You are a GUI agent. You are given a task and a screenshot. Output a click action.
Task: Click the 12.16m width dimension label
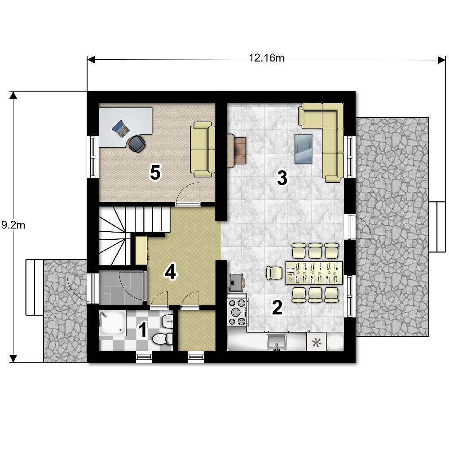tap(266, 58)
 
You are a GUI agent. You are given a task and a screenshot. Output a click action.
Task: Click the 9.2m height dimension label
tap(13, 225)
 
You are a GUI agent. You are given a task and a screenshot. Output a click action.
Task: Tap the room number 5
tap(155, 173)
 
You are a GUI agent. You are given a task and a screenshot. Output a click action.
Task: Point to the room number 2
tap(277, 307)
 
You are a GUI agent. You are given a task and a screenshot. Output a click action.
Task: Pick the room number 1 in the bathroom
tap(143, 330)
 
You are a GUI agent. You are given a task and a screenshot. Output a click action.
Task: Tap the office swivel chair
tap(136, 144)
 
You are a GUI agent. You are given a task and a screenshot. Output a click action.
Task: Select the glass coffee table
tap(304, 149)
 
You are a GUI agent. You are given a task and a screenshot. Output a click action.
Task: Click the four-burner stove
tap(237, 312)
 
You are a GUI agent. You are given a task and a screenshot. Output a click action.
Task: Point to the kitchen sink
tap(276, 342)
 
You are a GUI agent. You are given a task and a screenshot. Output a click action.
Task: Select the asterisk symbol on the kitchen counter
tap(317, 342)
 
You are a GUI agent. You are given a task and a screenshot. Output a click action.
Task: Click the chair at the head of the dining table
tap(275, 273)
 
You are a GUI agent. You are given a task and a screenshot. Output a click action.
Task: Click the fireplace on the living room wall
tap(237, 150)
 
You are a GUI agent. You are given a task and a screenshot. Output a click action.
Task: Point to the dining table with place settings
tap(314, 273)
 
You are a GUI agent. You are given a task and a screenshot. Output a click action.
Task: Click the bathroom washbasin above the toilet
tap(167, 322)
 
